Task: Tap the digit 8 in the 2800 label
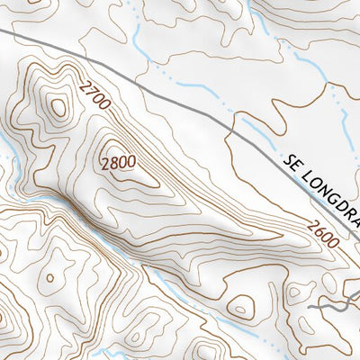point(114,163)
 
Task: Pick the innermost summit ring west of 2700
point(58,107)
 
